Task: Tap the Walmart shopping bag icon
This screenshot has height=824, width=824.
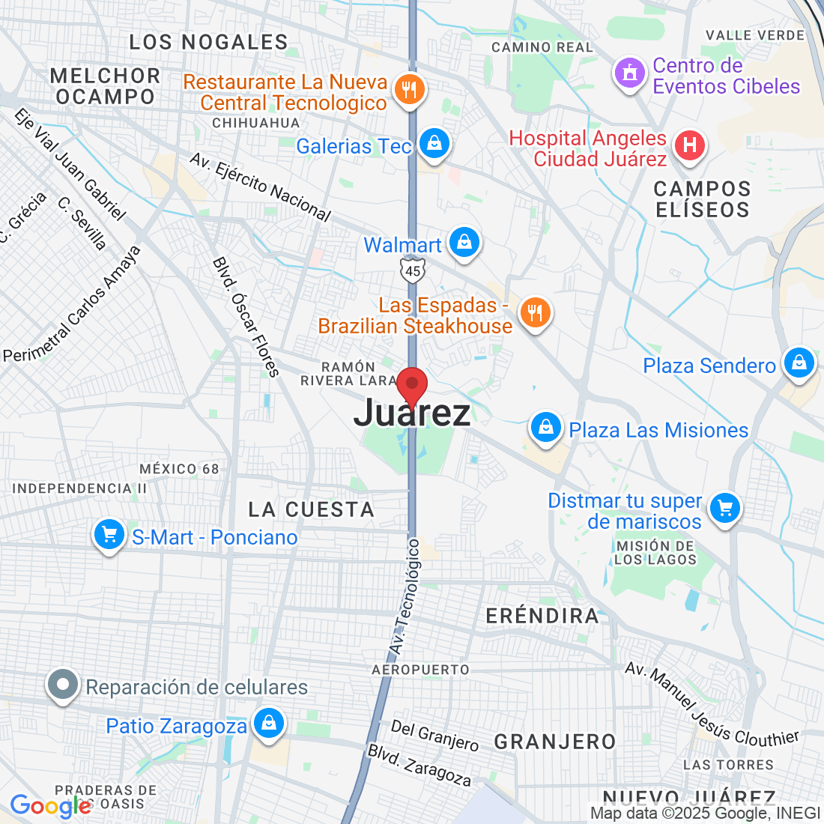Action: coord(464,243)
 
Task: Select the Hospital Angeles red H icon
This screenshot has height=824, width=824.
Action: coord(689,145)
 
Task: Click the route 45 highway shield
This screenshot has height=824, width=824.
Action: coord(413,270)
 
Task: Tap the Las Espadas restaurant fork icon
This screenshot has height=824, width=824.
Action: coord(534,312)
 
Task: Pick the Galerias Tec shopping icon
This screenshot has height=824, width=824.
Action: coord(433,143)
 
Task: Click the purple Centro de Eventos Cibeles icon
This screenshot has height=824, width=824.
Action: coord(629,73)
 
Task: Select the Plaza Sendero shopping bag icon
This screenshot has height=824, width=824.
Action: coord(799,363)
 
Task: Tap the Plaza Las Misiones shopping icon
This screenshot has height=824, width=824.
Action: coord(545,428)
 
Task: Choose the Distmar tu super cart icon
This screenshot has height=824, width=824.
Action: coord(724,509)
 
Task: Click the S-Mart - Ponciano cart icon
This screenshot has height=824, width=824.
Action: coord(109,535)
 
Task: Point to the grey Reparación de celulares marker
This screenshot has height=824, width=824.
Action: coord(63,685)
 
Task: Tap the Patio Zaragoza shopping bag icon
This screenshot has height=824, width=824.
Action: coord(267,723)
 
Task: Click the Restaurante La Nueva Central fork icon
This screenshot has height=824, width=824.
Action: coord(409,90)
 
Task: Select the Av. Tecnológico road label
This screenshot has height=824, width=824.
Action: coord(405,596)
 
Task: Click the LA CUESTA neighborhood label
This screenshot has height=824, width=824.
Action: coord(311,509)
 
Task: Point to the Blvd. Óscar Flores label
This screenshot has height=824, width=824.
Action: coord(246,317)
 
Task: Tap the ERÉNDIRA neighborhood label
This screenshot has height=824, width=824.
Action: coord(542,616)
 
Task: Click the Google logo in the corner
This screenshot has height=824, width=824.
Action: coord(49,806)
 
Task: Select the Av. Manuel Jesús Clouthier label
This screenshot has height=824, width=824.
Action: coord(712,705)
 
